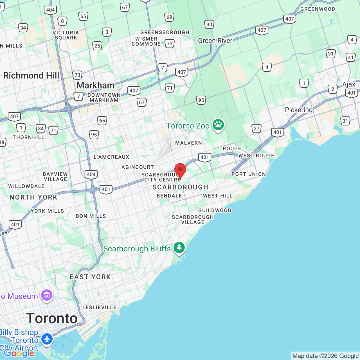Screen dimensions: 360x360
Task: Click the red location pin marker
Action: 180,170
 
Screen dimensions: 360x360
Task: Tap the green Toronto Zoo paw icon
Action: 218,125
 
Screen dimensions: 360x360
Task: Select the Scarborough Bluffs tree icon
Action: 179,247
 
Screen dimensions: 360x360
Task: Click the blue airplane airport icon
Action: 47,339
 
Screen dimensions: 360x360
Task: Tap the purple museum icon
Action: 47,295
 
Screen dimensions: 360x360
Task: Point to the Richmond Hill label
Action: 31,75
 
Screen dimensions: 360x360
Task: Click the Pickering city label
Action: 299,110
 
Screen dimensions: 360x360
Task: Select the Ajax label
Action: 349,84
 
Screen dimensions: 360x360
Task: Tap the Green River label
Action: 215,40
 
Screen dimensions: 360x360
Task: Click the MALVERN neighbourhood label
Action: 188,143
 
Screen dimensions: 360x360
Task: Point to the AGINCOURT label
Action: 138,167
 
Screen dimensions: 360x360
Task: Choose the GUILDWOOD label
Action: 215,210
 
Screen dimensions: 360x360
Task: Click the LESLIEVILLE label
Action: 99,307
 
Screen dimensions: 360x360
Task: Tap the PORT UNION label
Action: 249,174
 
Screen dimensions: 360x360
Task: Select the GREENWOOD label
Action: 318,9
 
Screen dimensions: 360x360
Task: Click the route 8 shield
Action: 62,21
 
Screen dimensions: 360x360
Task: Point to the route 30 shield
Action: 209,24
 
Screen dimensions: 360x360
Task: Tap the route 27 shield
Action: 256,129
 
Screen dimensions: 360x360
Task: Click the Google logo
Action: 19,353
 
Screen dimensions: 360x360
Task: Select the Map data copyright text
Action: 325,356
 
